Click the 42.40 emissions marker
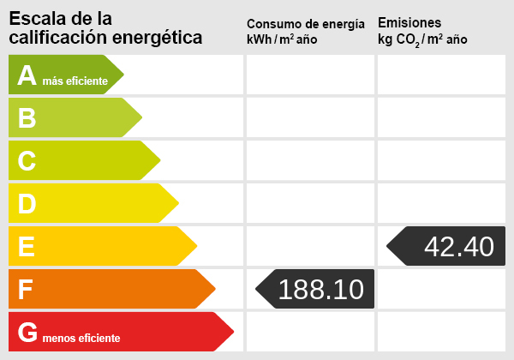pos(446,246)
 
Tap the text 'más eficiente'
pos(75,81)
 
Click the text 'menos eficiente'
pos(81,338)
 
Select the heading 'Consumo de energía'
pos(305,23)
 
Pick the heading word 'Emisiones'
pos(409,22)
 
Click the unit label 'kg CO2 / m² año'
pos(422,40)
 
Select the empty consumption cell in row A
pos(309,75)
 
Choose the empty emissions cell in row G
pos(440,332)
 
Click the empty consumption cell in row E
pos(309,246)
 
